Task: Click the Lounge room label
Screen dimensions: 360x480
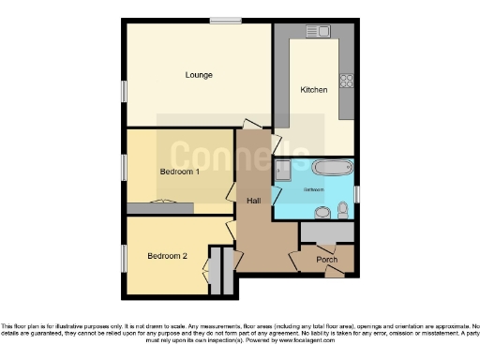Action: pos(199,75)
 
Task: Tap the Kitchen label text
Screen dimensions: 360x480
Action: pos(313,90)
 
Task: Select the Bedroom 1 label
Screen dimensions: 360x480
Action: pos(179,172)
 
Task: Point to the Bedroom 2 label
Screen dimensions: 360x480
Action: pos(166,255)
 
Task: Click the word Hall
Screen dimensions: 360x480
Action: pos(253,201)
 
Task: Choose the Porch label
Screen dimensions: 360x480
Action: pos(326,260)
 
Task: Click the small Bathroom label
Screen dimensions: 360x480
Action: pos(312,188)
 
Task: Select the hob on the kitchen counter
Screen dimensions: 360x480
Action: pos(346,81)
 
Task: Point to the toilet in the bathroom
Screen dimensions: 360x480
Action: pos(344,208)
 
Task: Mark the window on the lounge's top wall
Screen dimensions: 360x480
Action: pos(224,19)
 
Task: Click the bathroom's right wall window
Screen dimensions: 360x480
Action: pos(357,193)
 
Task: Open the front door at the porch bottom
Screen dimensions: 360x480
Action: pos(332,273)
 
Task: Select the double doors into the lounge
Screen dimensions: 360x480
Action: pos(251,126)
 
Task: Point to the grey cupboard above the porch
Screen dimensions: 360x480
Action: pos(326,232)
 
